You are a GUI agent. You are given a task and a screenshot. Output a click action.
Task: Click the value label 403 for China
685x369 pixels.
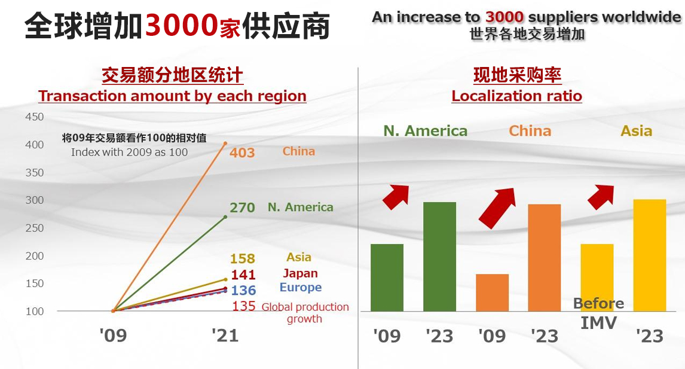(242, 153)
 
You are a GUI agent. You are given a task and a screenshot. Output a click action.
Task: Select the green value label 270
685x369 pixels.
(242, 208)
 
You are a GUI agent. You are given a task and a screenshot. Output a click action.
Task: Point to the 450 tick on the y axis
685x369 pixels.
(35, 117)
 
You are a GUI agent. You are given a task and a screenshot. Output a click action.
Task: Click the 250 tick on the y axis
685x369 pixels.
(35, 228)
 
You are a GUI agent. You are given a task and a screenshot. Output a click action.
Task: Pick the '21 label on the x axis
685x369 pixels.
(225, 336)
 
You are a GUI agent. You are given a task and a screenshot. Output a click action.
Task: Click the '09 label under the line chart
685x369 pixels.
(114, 336)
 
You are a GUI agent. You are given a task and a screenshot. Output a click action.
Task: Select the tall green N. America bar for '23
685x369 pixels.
(439, 257)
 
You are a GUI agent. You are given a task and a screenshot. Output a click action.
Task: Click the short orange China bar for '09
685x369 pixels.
(492, 292)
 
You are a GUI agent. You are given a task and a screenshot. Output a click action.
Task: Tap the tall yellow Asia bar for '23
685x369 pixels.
(649, 255)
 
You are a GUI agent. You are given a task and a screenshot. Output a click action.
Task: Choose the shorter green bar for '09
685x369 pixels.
(387, 277)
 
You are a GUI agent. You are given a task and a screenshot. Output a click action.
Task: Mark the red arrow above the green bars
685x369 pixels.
(395, 196)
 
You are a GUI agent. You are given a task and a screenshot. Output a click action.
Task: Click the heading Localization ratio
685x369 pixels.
(516, 96)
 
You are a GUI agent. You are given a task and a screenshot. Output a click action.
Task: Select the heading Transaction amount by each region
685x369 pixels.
(172, 96)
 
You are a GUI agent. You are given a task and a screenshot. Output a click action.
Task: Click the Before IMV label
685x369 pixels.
(598, 313)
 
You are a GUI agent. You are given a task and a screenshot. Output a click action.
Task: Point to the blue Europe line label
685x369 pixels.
(300, 288)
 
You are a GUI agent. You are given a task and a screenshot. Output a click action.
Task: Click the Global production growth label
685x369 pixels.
(305, 313)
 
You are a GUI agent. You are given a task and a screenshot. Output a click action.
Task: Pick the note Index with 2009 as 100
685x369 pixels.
(129, 152)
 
